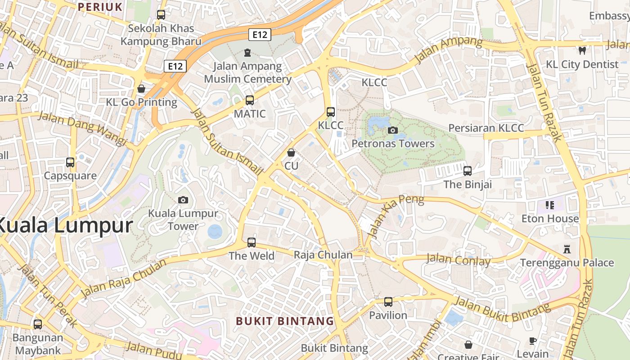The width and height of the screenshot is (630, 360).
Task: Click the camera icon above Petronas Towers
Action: click(x=392, y=130)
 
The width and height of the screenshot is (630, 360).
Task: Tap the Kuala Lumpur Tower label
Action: click(x=183, y=220)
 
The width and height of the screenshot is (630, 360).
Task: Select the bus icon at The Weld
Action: click(x=252, y=243)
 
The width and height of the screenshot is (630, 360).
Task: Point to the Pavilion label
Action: click(x=388, y=315)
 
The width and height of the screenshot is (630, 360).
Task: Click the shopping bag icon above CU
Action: click(x=291, y=153)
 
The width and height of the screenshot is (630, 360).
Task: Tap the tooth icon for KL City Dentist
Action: click(x=582, y=51)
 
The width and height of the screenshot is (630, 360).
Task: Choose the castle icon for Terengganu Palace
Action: click(x=567, y=249)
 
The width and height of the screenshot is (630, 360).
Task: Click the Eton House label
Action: click(x=550, y=219)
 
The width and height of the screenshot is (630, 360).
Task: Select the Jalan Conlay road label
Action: click(x=458, y=260)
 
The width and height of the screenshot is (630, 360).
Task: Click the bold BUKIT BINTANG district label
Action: click(x=285, y=321)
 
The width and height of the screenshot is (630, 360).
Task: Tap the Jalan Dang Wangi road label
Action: click(x=82, y=128)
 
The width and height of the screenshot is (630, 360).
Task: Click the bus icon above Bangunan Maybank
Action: click(x=38, y=324)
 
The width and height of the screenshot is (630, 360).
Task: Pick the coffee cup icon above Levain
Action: click(x=533, y=341)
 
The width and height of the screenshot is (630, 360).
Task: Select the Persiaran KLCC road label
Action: click(x=486, y=128)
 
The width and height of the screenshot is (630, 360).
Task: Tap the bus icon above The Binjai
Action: click(x=468, y=171)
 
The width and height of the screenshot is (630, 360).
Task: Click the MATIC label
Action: click(x=250, y=114)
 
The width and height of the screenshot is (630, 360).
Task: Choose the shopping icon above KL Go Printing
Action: click(x=141, y=89)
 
